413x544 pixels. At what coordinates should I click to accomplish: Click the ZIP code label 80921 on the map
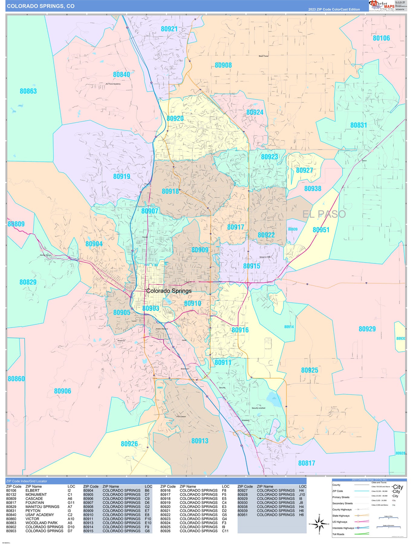(x=169, y=29)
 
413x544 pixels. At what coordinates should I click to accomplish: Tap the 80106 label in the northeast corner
(x=381, y=38)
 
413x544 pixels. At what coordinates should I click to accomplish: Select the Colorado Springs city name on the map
(x=169, y=291)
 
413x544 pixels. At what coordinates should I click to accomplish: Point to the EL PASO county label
(x=324, y=214)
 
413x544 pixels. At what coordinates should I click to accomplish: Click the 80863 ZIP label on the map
(x=28, y=91)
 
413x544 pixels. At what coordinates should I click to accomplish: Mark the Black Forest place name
(x=263, y=56)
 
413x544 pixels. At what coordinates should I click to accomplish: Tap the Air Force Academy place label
(x=113, y=84)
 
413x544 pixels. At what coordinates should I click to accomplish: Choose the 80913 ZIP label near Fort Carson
(x=200, y=441)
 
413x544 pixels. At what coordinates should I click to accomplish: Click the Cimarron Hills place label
(x=265, y=257)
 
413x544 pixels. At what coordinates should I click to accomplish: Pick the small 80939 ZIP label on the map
(x=292, y=229)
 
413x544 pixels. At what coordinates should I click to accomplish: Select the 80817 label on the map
(x=306, y=463)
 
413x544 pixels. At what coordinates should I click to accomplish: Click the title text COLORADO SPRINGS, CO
(x=41, y=6)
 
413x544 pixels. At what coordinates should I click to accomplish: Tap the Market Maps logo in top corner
(x=382, y=5)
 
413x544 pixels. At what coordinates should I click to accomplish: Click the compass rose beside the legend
(x=319, y=524)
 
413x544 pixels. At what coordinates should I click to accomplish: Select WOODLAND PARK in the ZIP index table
(x=41, y=523)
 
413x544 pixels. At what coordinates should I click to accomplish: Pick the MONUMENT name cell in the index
(x=36, y=495)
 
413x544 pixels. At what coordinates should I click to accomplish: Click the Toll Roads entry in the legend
(x=338, y=534)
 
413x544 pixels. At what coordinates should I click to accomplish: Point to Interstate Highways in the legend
(x=343, y=528)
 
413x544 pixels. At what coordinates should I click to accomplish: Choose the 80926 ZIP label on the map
(x=129, y=444)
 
